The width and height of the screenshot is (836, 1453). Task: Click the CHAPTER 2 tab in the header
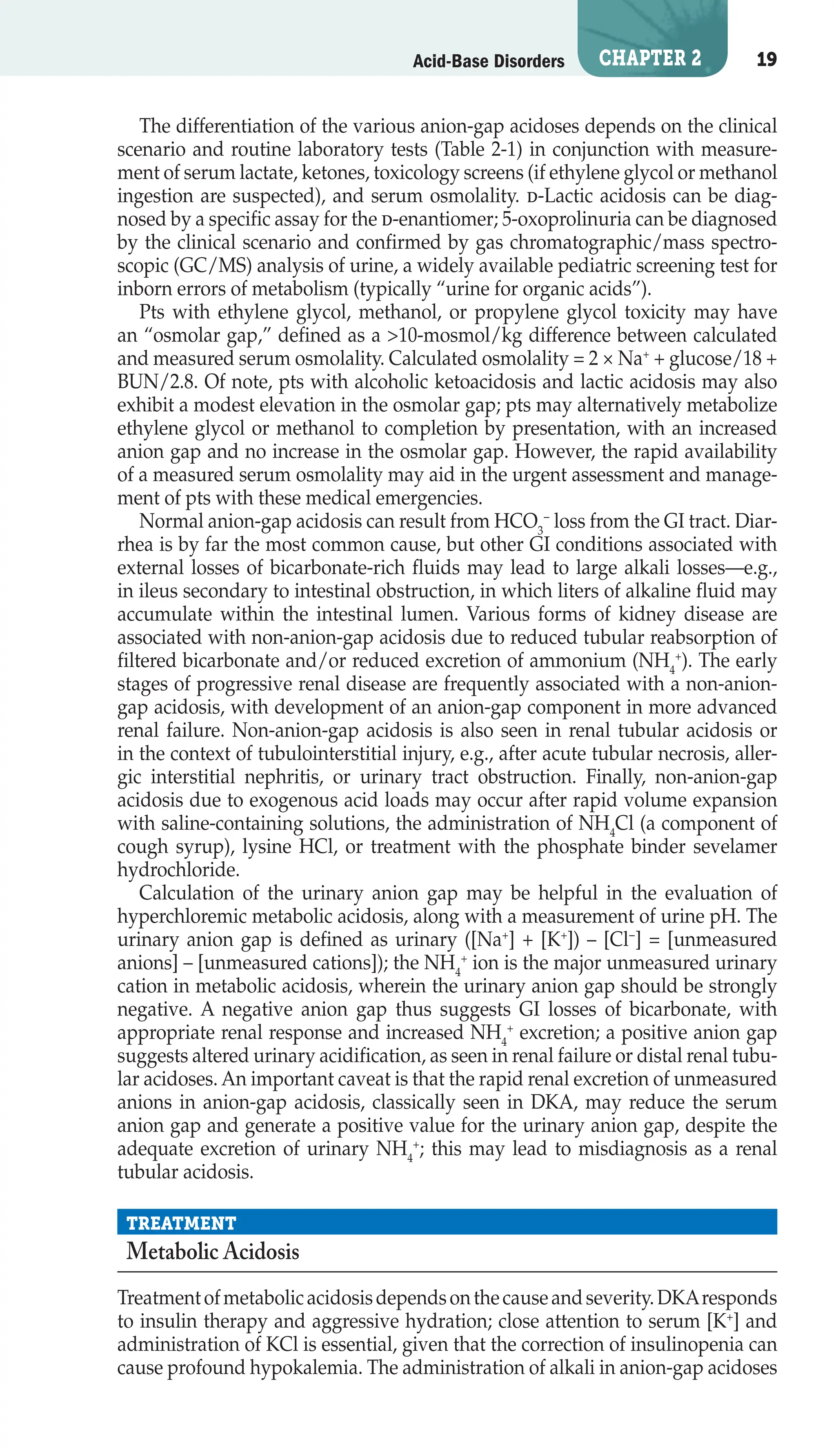point(649,58)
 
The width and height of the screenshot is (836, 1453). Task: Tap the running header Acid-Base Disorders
point(489,61)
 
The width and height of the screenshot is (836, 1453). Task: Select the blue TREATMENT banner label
point(181,1223)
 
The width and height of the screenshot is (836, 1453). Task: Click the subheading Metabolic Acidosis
point(212,1252)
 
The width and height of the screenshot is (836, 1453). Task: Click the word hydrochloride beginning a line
point(178,869)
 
